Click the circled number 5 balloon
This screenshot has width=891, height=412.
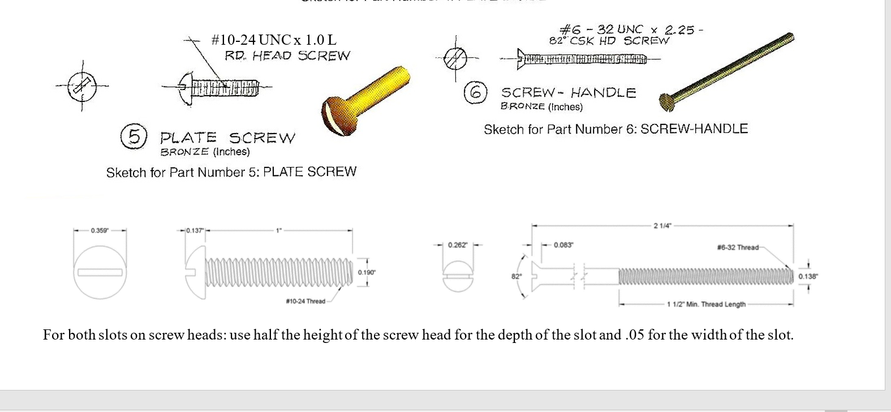pos(134,136)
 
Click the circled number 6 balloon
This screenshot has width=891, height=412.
pos(475,92)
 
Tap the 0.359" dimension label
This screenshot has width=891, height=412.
pos(100,231)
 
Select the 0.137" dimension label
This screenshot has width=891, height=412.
pos(195,231)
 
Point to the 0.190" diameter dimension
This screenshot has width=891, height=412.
pos(367,273)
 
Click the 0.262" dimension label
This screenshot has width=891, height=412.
pos(458,245)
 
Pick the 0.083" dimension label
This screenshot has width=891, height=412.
pos(563,245)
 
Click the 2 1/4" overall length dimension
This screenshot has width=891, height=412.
pos(662,226)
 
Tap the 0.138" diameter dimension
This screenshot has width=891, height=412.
pos(808,277)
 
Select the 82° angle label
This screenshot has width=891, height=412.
pos(516,276)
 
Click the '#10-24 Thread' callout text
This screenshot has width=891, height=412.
pos(305,301)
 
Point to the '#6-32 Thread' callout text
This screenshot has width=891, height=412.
pos(737,247)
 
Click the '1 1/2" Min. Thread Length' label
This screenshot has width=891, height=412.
pos(706,304)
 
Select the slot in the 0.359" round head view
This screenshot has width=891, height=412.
pos(100,273)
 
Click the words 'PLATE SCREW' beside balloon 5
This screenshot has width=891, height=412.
pos(227,138)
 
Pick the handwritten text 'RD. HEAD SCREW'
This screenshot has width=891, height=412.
pos(287,55)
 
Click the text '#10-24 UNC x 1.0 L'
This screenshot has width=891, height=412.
pos(273,40)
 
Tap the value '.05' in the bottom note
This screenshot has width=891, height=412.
pos(635,335)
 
